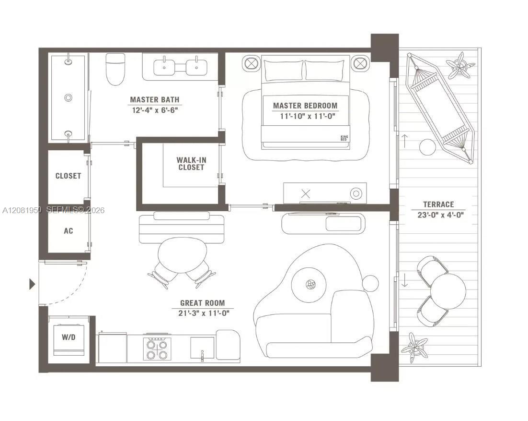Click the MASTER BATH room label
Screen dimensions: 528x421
pyautogui.click(x=155, y=99)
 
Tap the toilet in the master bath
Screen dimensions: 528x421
pyautogui.click(x=115, y=69)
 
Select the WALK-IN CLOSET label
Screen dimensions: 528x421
pyautogui.click(x=191, y=164)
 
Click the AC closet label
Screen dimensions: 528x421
pyautogui.click(x=69, y=231)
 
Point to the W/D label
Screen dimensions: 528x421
pyautogui.click(x=69, y=337)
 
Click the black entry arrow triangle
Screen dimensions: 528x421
pyautogui.click(x=32, y=284)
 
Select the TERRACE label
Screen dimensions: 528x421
pyautogui.click(x=438, y=204)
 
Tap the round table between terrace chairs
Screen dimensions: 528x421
pyautogui.click(x=448, y=291)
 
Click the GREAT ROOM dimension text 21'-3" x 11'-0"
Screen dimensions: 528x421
pyautogui.click(x=204, y=313)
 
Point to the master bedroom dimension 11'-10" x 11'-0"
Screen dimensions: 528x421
pyautogui.click(x=308, y=116)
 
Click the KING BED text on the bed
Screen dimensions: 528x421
pyautogui.click(x=344, y=138)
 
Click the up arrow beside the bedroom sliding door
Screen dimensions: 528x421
pyautogui.click(x=404, y=140)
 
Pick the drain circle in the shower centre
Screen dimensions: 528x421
pyautogui.click(x=68, y=98)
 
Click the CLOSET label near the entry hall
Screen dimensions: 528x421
pyautogui.click(x=69, y=176)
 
